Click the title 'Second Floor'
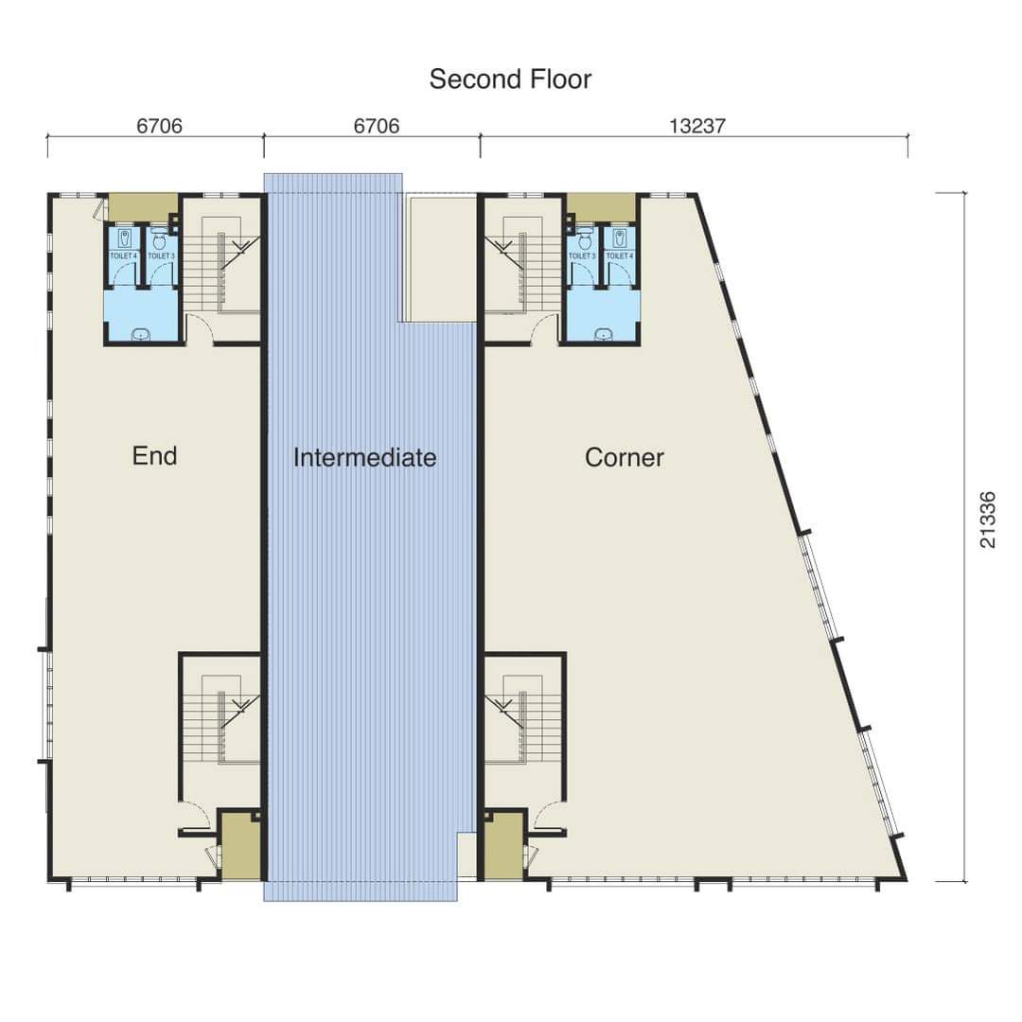(510, 79)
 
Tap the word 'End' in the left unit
(154, 455)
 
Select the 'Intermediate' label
(365, 458)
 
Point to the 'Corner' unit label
(625, 458)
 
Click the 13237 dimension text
(697, 126)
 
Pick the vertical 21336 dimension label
(988, 520)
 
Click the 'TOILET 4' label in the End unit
(124, 256)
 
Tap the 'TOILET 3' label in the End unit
(161, 256)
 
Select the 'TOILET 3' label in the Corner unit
(582, 256)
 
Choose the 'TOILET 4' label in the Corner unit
(620, 256)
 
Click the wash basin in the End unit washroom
(141, 335)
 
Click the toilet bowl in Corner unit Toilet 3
(585, 241)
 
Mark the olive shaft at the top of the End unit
(144, 208)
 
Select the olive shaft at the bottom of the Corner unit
(503, 846)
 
